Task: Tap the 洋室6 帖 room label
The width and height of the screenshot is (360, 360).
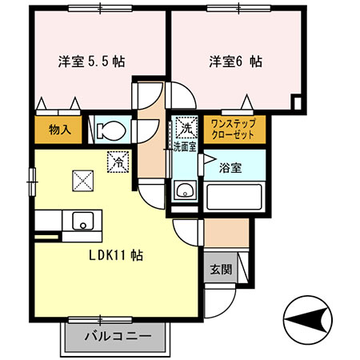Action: click(236, 62)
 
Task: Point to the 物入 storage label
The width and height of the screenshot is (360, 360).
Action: click(59, 129)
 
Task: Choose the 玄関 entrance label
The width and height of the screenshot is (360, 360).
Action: click(221, 270)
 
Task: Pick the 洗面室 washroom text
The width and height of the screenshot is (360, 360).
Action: click(185, 146)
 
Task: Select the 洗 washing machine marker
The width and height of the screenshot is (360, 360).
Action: click(186, 127)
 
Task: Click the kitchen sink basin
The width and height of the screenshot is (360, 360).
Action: click(82, 220)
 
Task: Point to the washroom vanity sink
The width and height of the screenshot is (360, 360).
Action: click(185, 191)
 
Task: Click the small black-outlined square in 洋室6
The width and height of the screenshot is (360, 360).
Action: click(297, 102)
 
